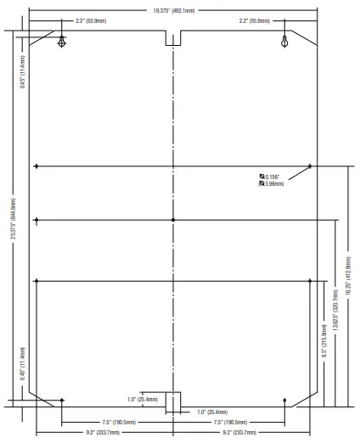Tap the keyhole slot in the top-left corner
61,42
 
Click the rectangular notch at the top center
172,39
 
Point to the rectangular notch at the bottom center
172,401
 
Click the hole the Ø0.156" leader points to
310,166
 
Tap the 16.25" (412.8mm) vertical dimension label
347,277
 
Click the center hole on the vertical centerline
172,220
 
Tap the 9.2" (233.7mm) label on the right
237,432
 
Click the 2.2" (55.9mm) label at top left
91,20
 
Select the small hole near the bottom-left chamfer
62,400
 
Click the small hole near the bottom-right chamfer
284,400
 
